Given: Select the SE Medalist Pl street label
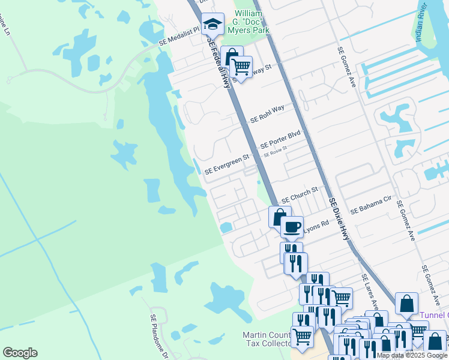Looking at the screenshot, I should point(179,38).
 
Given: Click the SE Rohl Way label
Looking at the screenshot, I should point(267,112).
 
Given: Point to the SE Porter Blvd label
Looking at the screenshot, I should point(280,141).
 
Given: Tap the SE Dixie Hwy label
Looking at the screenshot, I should point(339,219).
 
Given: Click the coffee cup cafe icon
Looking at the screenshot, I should point(292,227).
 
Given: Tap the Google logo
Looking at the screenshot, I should point(20,353).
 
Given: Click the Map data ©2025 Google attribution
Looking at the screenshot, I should point(412,355).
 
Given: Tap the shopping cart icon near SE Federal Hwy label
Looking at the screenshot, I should point(241,66).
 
